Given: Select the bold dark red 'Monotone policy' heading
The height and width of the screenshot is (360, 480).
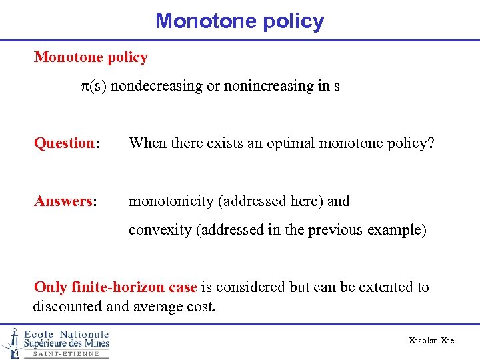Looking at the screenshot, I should pyautogui.click(x=91, y=57).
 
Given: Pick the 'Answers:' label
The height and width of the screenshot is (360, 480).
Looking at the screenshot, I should pyautogui.click(x=65, y=201).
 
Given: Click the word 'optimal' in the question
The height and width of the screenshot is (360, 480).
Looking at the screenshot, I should pyautogui.click(x=289, y=143).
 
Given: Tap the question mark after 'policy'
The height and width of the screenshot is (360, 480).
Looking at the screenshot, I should pyautogui.click(x=430, y=143).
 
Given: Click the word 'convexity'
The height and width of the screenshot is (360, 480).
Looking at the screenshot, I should pyautogui.click(x=157, y=230).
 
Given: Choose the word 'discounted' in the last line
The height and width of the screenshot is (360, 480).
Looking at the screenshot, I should pyautogui.click(x=65, y=307).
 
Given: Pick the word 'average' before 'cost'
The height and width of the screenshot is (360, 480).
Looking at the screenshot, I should pyautogui.click(x=153, y=307).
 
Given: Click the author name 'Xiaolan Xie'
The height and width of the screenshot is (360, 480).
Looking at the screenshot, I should pyautogui.click(x=431, y=341).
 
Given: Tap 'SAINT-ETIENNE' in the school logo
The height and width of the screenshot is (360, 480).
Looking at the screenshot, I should pyautogui.click(x=66, y=354).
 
